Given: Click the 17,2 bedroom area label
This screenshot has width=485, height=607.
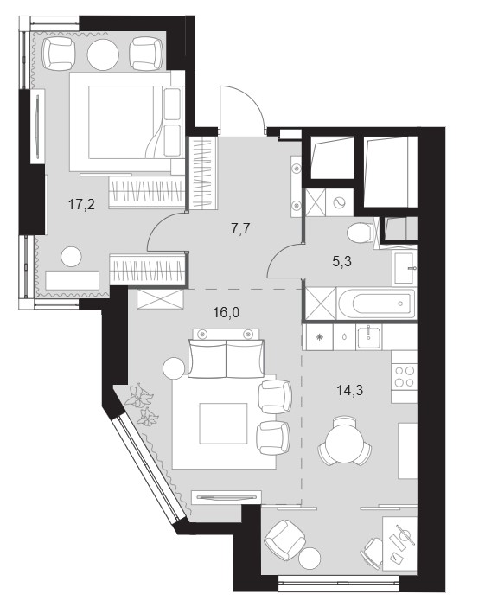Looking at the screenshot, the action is pyautogui.click(x=81, y=204).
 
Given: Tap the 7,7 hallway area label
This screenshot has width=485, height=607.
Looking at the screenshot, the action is pyautogui.click(x=240, y=229).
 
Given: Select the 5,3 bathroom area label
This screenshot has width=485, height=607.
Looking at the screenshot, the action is pyautogui.click(x=341, y=262).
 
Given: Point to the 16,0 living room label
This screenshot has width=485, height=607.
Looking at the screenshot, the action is pyautogui.click(x=227, y=312).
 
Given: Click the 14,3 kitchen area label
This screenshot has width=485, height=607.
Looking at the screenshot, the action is pyautogui.click(x=350, y=390).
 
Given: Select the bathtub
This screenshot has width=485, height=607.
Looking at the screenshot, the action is pyautogui.click(x=376, y=303).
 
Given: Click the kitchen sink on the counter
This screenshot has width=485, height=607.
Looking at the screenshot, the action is pyautogui.click(x=369, y=336).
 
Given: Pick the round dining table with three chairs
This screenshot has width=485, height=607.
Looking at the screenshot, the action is pyautogui.click(x=344, y=442).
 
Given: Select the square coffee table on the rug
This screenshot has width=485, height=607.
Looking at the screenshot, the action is pyautogui.click(x=223, y=423).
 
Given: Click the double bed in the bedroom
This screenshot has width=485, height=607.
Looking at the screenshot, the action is pyautogui.click(x=126, y=122).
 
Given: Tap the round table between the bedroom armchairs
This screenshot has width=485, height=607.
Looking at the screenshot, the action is pyautogui.click(x=103, y=55).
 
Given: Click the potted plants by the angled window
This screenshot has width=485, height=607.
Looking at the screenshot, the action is pyautogui.click(x=142, y=405).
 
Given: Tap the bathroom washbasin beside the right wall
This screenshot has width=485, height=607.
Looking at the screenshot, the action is pyautogui.click(x=405, y=268).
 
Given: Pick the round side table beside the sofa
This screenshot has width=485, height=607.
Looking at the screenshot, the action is pyautogui.click(x=174, y=368).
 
